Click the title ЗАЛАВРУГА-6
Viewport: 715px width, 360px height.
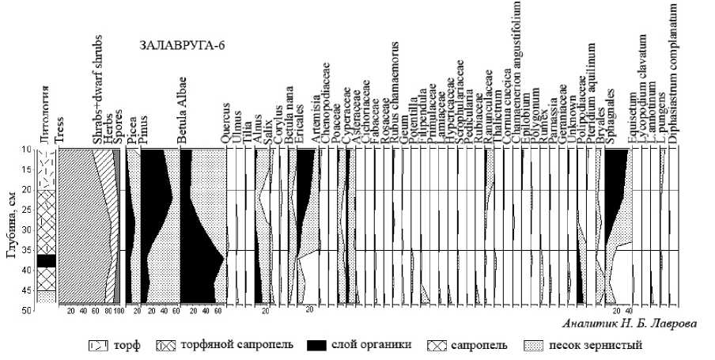[x=182, y=44]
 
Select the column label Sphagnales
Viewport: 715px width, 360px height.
[x=610, y=124]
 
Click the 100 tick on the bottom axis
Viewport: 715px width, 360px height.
[x=118, y=311]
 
